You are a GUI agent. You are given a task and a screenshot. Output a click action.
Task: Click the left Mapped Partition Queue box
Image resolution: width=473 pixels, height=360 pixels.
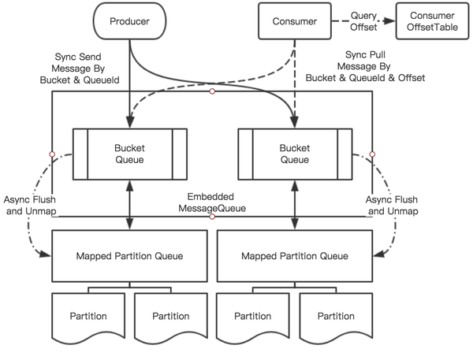coord(129,255)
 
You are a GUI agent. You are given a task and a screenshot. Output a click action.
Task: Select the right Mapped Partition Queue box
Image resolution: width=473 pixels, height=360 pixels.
coord(295,255)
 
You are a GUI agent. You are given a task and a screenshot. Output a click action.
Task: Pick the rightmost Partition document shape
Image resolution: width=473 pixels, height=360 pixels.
coord(335,317)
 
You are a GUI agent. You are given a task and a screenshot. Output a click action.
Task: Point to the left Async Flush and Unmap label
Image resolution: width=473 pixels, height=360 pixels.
coord(28,206)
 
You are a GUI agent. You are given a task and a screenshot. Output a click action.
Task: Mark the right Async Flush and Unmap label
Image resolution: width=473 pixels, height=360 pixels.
coord(392,206)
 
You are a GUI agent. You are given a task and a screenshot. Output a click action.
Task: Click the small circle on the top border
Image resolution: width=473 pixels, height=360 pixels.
coord(212,91)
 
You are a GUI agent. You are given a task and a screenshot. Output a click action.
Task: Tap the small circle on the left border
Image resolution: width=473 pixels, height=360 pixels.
coord(52,153)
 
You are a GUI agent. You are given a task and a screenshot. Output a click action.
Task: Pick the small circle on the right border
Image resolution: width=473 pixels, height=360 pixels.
coord(371,153)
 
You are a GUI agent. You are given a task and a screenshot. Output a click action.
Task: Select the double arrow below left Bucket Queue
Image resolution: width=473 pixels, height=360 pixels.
coord(129,204)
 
